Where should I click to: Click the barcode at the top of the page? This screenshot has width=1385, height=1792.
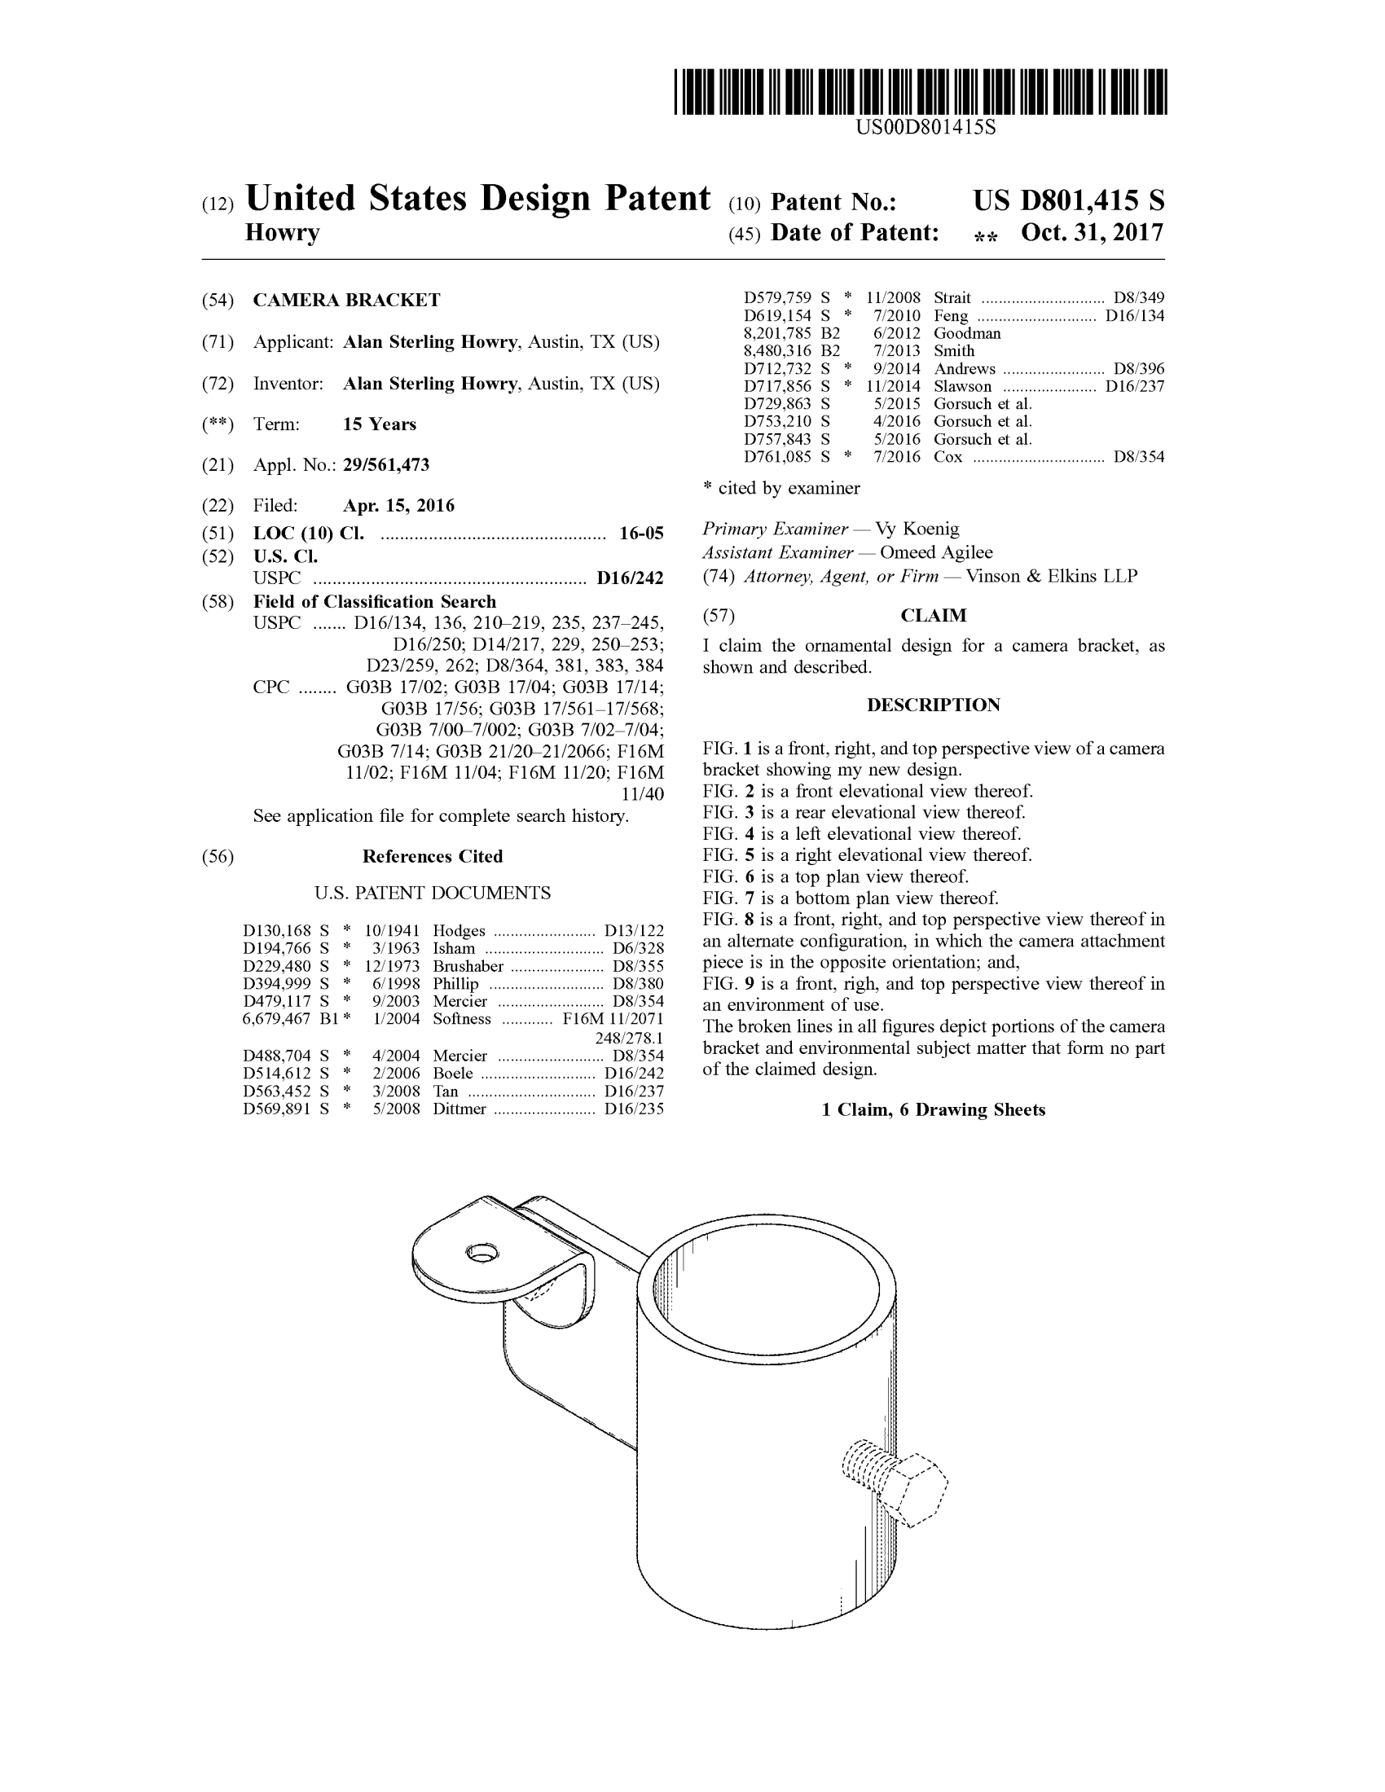[x=921, y=91]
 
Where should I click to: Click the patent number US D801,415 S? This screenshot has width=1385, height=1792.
[x=1068, y=201]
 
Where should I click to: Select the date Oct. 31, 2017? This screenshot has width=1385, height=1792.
[x=1091, y=233]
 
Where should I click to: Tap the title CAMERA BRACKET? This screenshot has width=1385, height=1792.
[x=346, y=301]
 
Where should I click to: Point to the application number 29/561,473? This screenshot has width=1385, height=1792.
[x=385, y=465]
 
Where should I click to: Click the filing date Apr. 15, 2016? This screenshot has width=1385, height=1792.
[x=398, y=506]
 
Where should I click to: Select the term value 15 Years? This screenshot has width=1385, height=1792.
[x=379, y=424]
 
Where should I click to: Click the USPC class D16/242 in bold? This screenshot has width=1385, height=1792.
[x=629, y=578]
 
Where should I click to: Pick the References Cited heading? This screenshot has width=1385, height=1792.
[x=433, y=857]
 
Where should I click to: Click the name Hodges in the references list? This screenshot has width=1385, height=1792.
[x=459, y=930]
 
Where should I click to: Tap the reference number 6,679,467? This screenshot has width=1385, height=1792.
[x=276, y=1019]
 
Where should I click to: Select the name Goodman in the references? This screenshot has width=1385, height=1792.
[x=966, y=333]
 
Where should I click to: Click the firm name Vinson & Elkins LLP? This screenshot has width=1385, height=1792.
[x=1051, y=577]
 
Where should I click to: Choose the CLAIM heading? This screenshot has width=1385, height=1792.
[x=934, y=615]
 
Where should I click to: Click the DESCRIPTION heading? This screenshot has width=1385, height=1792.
[x=934, y=705]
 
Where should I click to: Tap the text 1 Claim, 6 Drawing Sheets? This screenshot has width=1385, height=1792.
[x=934, y=1110]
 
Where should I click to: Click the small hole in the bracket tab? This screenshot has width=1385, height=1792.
[x=481, y=1253]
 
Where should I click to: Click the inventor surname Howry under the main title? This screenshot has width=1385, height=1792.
[x=282, y=233]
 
